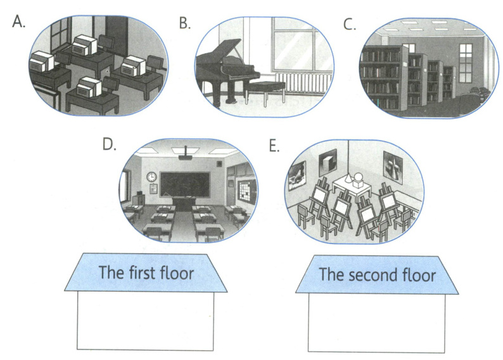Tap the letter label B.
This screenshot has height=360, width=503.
pos(184,23)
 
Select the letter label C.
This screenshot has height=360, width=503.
pos(349,25)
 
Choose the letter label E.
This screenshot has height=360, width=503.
pos(274,146)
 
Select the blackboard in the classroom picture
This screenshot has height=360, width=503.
pos(184,184)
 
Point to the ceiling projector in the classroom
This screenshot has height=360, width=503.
pos(185,155)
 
